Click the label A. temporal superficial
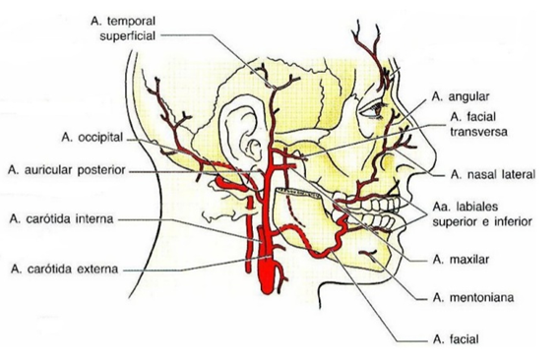pyautogui.click(x=120, y=27)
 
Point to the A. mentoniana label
pyautogui.click(x=471, y=295)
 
